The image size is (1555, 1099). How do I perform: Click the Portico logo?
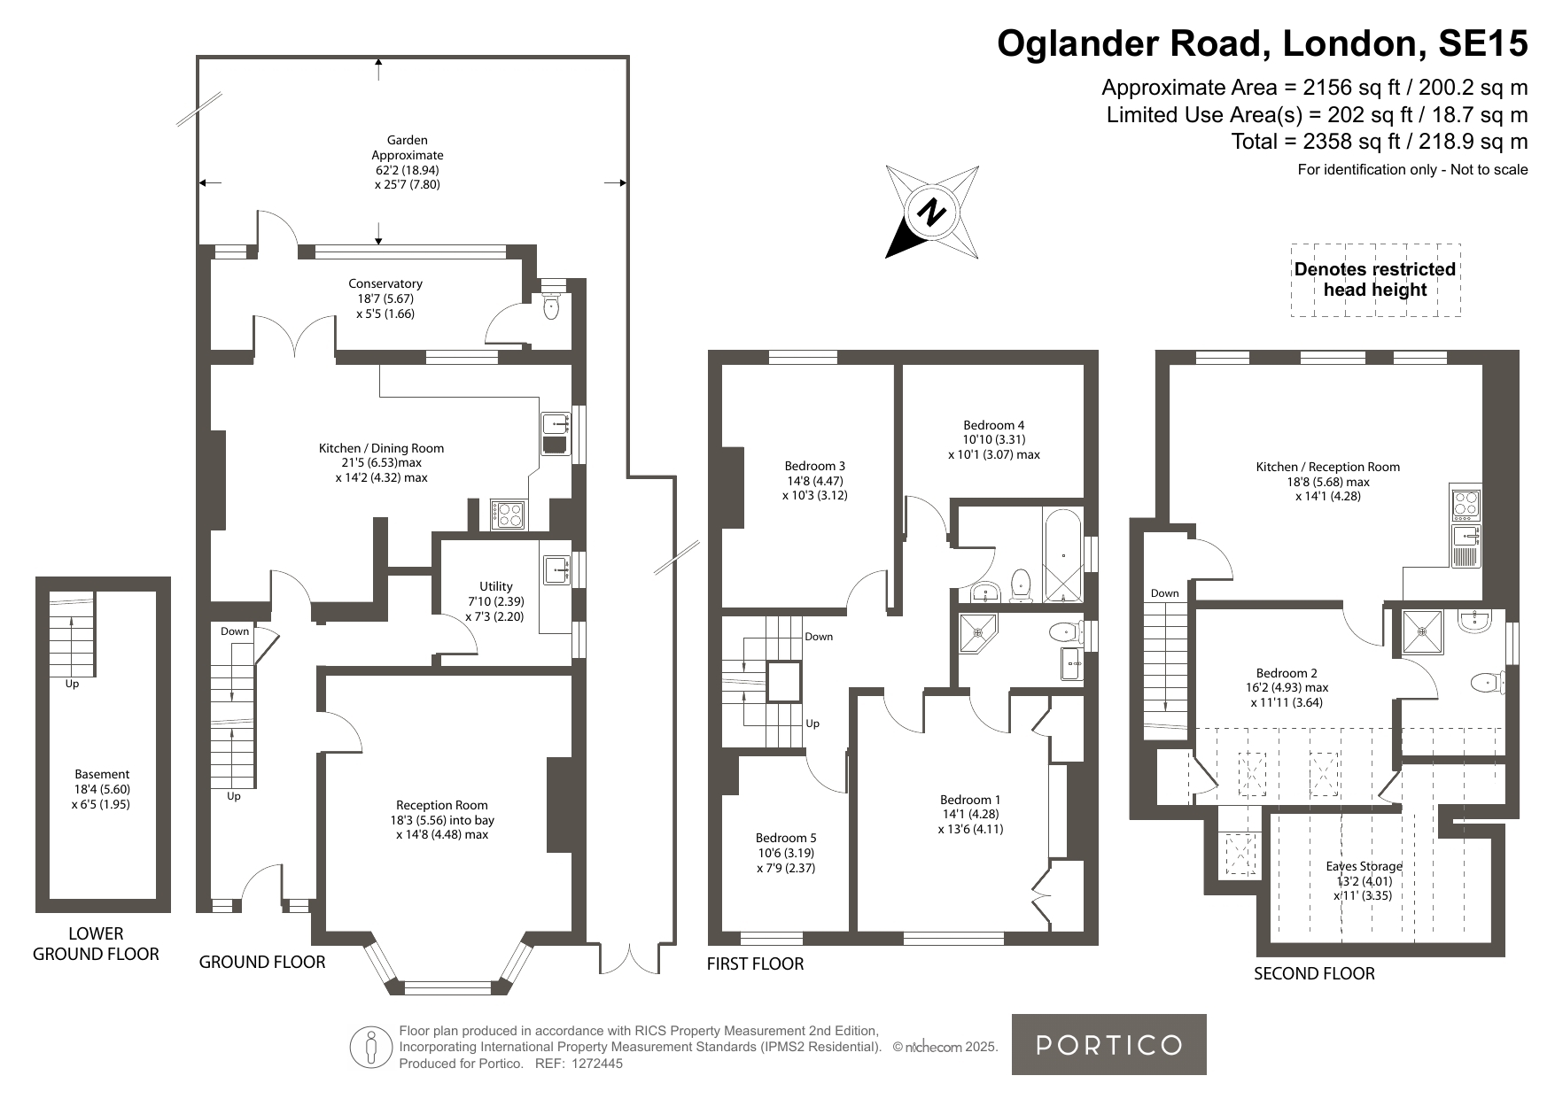tap(1108, 1044)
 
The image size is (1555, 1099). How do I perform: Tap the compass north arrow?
tap(932, 212)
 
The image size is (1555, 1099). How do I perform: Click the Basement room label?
tap(102, 789)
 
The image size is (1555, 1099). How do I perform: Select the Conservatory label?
tap(385, 298)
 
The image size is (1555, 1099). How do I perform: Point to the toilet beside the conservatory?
tap(551, 306)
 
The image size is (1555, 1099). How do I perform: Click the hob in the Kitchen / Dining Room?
tap(509, 515)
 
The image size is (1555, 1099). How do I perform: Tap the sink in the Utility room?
tap(557, 570)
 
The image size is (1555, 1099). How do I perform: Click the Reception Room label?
tap(442, 819)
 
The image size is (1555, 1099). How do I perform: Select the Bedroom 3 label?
tap(815, 480)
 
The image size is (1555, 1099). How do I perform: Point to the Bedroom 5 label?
tap(786, 853)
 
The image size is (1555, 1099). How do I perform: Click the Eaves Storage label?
tap(1365, 880)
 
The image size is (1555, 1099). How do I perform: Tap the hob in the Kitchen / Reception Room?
tap(1466, 503)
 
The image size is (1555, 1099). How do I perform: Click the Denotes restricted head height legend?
tap(1375, 280)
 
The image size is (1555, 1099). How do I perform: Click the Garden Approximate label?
tap(408, 162)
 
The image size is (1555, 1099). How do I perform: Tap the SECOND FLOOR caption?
tap(1314, 973)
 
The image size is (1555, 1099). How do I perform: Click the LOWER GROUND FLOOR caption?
tap(96, 943)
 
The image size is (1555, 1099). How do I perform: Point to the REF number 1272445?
tap(597, 1064)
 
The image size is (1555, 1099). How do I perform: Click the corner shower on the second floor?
tap(1423, 632)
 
